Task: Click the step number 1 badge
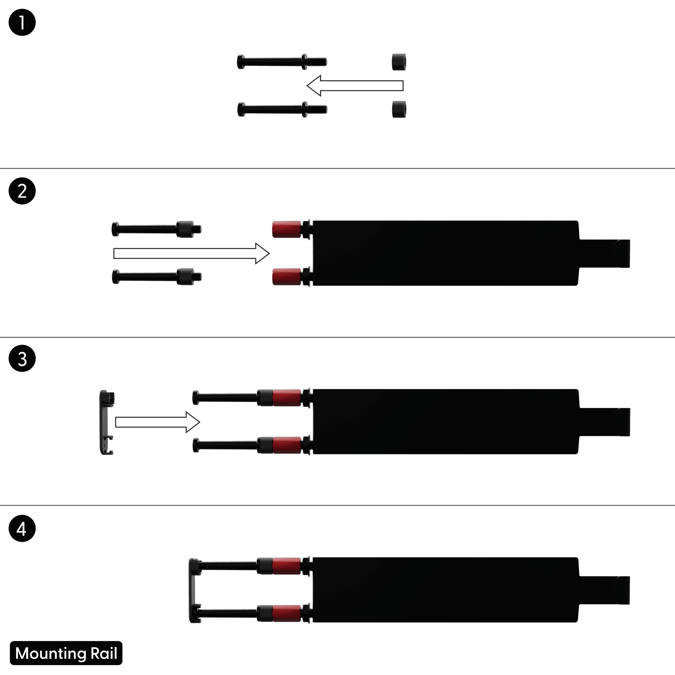coord(22,22)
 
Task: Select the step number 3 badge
coord(22,359)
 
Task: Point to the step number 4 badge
coord(22,528)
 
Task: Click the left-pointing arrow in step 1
coord(355,86)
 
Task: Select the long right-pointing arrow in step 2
coord(191,253)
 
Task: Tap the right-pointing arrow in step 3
coord(158,422)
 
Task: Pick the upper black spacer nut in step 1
coord(399,62)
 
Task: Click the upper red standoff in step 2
coord(287,229)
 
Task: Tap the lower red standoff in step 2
coord(287,277)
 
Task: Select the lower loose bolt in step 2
coord(157,277)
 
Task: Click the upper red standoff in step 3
coord(287,398)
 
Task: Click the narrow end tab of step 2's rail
coord(604,253)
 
